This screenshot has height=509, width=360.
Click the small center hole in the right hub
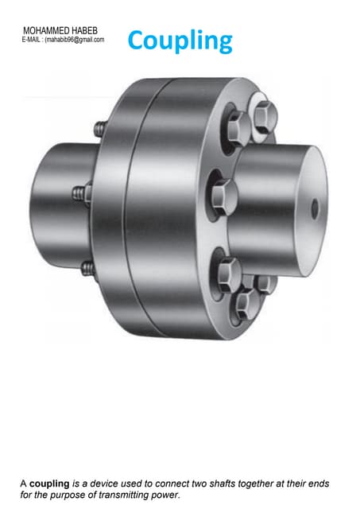(315, 209)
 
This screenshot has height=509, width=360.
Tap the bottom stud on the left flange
(87, 266)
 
